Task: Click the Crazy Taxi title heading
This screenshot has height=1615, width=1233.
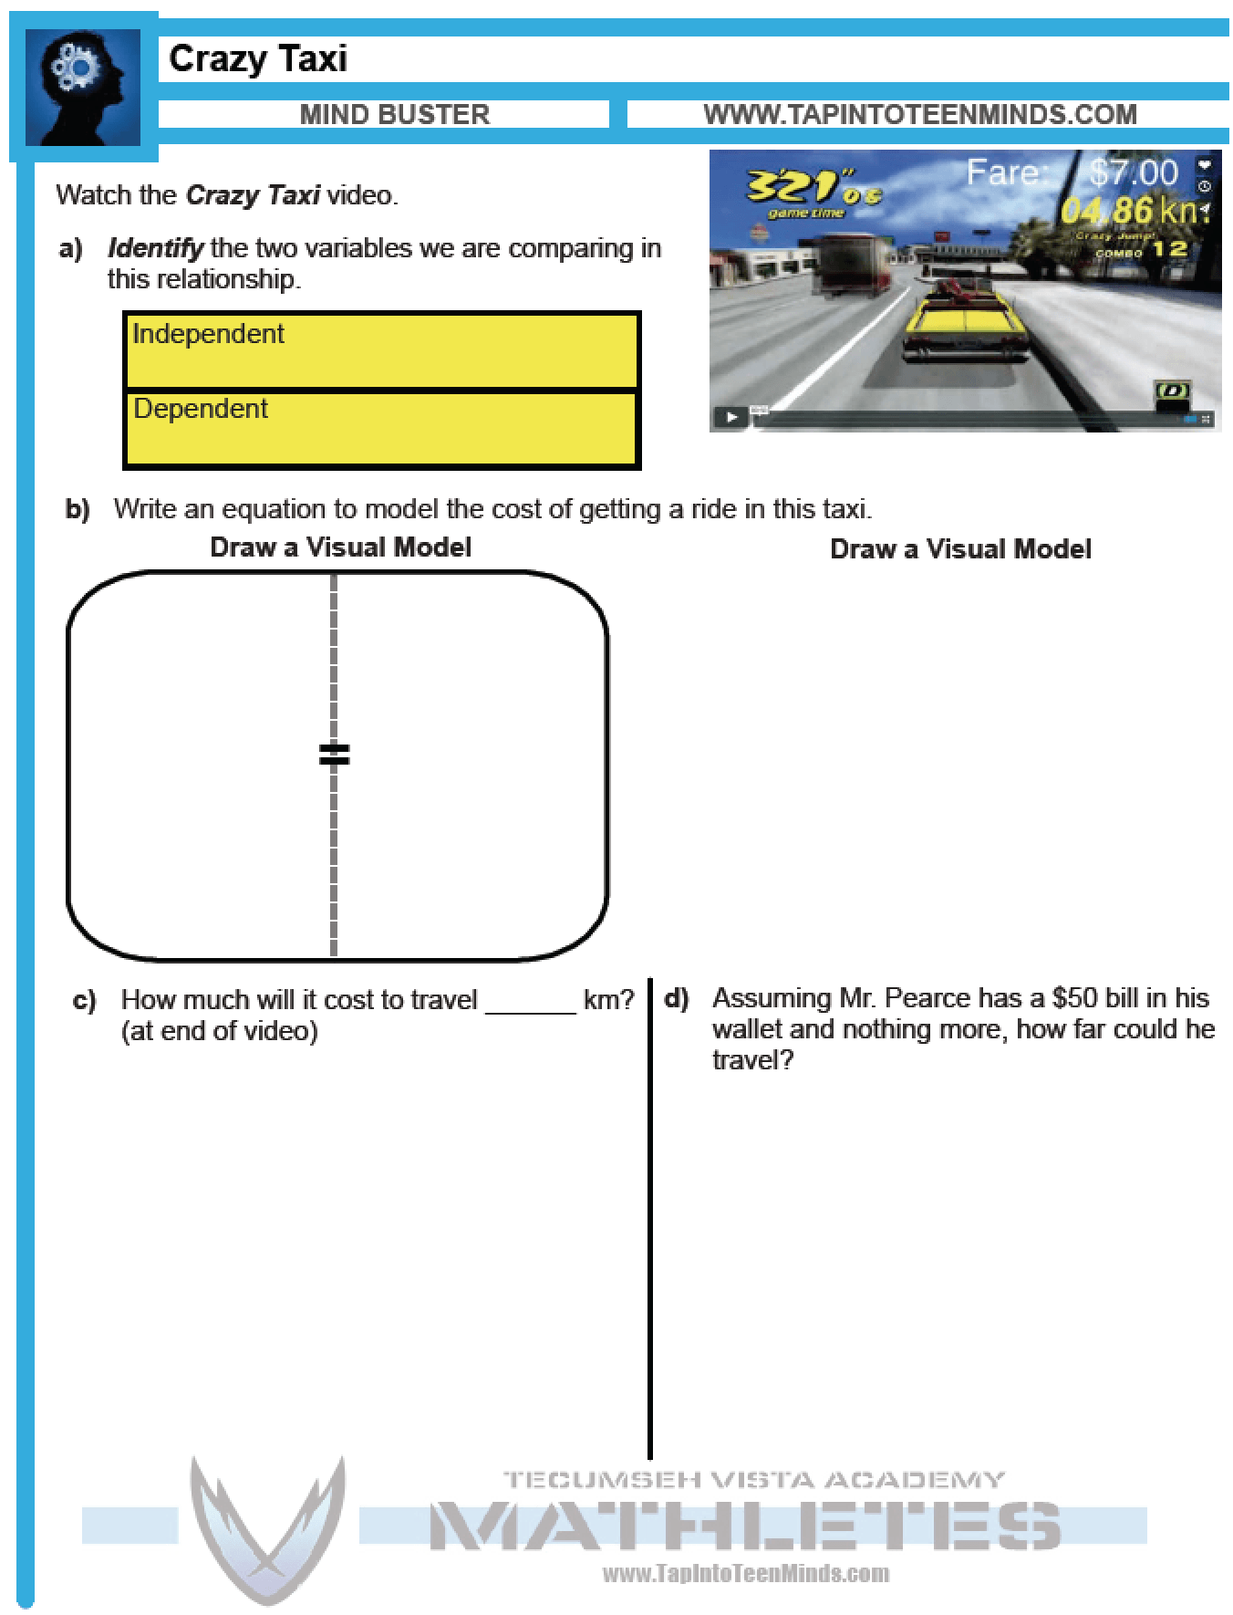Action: point(258,58)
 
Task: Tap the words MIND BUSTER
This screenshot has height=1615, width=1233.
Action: point(394,114)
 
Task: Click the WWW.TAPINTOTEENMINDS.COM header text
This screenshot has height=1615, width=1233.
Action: point(919,114)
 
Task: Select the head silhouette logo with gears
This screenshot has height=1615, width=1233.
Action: point(83,88)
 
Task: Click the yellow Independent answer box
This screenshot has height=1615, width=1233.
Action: point(381,350)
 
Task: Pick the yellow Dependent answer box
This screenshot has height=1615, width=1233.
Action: point(381,429)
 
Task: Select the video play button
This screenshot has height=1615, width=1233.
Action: point(731,418)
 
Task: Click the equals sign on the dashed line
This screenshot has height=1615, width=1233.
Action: point(334,754)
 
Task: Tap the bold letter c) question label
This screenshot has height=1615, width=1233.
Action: point(84,1000)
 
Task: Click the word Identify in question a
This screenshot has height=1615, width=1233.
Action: point(155,248)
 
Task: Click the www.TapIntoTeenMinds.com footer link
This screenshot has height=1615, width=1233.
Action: point(745,1573)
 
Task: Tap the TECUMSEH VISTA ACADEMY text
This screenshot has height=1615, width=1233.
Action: point(753,1479)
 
